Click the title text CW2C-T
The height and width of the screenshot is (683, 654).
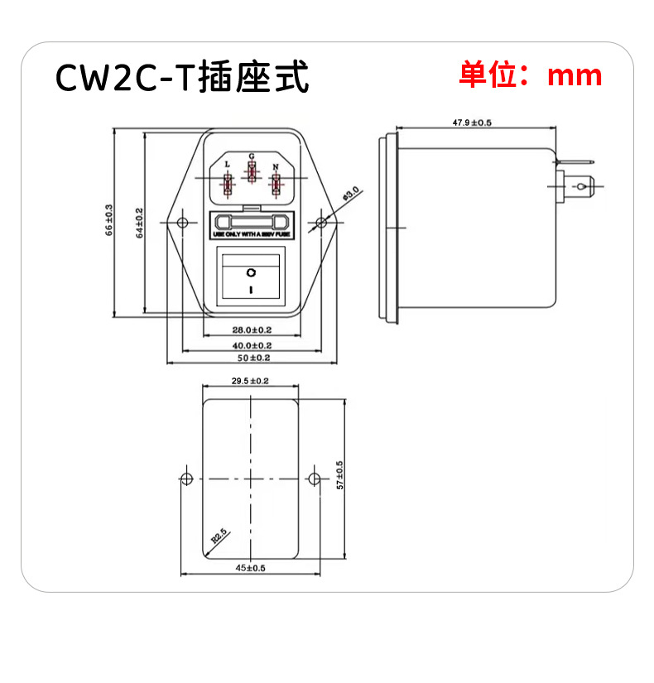click(123, 78)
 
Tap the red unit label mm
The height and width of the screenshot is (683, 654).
click(575, 76)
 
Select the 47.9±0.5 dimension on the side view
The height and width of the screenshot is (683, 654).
click(472, 123)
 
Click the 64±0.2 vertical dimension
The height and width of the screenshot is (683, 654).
click(139, 222)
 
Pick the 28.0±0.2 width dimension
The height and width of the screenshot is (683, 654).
click(252, 330)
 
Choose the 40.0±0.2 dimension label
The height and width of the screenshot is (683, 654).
click(252, 344)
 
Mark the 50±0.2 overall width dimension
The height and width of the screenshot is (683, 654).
click(252, 358)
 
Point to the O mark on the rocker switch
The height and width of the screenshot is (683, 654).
click(252, 272)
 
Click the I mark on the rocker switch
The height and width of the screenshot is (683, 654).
click(252, 289)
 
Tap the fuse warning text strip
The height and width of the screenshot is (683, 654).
click(252, 236)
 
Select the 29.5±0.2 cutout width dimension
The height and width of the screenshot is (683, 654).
click(251, 381)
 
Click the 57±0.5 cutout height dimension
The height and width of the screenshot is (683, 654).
click(340, 479)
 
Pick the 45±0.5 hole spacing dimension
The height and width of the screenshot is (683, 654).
click(251, 569)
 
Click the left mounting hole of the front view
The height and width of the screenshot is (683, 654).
click(181, 222)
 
